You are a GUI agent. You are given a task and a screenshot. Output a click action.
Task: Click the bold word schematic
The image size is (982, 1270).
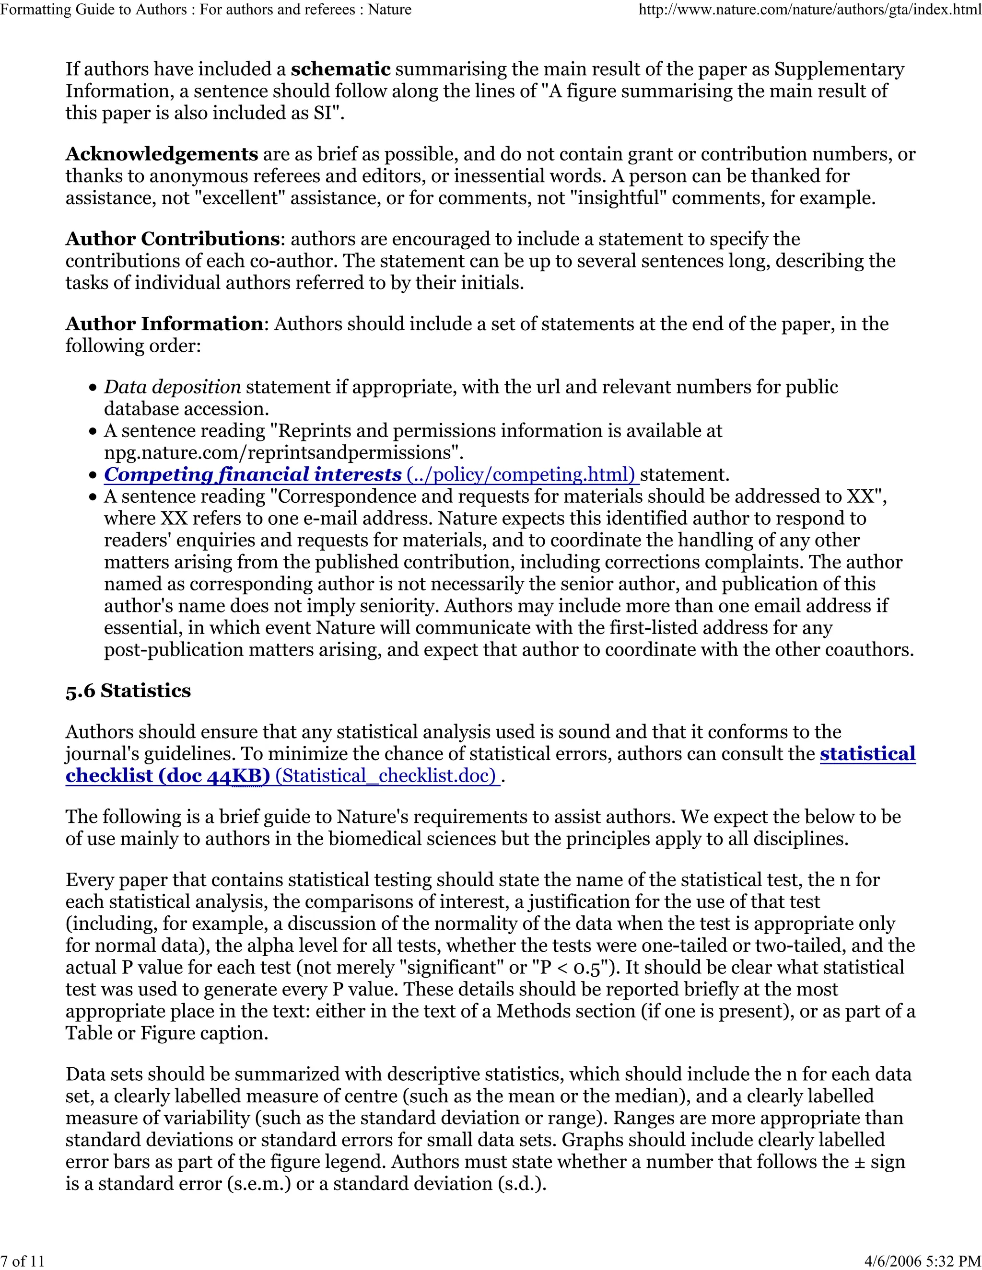pos(340,69)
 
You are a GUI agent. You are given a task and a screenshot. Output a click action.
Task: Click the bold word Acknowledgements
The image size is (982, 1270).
pos(161,154)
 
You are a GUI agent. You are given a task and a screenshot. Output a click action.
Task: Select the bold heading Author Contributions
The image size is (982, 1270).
pos(172,239)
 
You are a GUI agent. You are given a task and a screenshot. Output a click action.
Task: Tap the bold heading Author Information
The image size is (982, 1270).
pos(164,324)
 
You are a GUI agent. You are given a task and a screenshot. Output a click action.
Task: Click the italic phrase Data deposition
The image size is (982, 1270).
pos(172,387)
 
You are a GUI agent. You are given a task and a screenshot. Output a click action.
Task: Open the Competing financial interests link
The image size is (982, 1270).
pos(253,474)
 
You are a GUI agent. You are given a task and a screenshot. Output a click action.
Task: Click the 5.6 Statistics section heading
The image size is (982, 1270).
pos(128,691)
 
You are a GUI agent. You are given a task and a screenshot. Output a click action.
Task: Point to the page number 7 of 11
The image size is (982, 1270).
pos(23,1261)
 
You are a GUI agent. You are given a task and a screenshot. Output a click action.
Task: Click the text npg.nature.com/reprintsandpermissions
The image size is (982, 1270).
pos(279,453)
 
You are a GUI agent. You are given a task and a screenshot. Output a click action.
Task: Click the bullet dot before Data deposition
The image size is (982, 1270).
pos(93,388)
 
